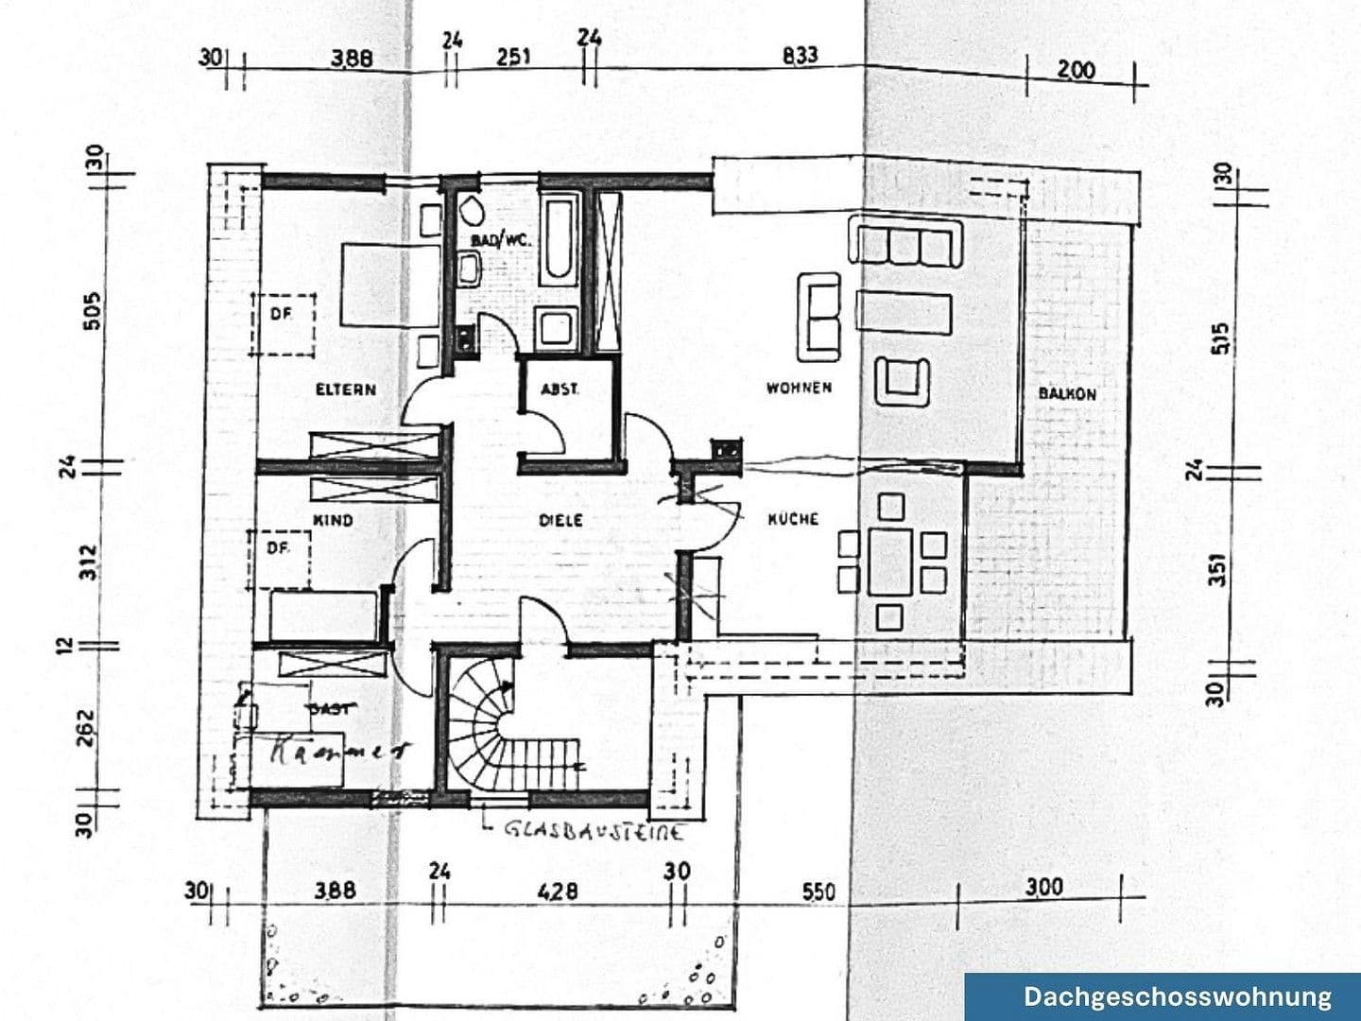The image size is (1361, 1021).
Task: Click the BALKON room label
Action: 1067,393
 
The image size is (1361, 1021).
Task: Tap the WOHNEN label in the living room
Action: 799,388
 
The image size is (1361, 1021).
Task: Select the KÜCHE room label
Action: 792,519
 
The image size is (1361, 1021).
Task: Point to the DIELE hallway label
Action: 560,520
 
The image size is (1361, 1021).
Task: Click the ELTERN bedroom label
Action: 345,389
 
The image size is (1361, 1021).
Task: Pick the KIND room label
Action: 332,520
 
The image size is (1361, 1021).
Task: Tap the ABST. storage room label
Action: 560,389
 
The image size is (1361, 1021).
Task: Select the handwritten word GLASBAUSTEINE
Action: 594,831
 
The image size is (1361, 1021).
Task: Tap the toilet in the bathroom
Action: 470,210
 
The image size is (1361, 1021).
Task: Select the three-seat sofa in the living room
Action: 907,241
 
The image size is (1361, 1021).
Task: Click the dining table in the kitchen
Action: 888,561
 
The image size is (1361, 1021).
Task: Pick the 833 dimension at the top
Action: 800,56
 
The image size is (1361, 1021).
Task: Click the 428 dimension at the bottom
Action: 558,891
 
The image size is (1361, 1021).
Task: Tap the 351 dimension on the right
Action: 1219,568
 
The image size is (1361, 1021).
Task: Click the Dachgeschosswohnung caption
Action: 1177,996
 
